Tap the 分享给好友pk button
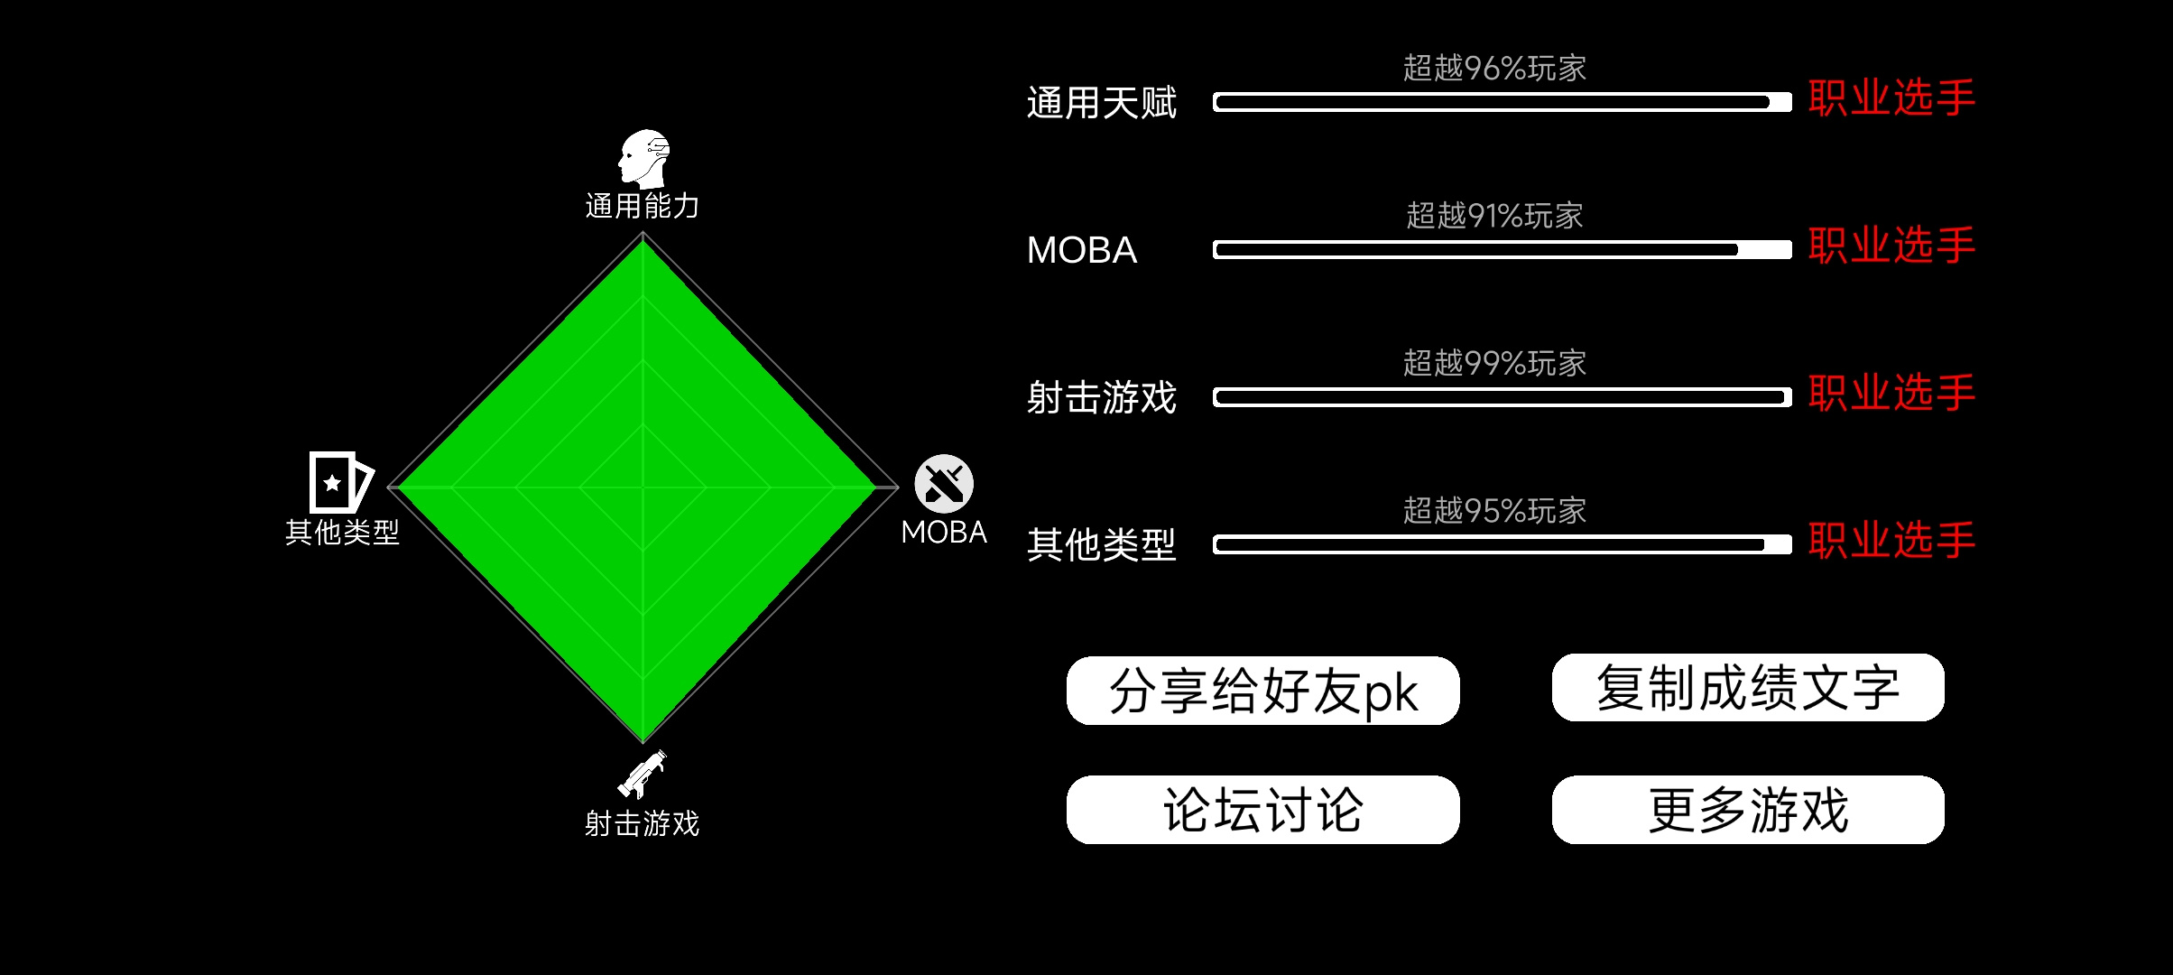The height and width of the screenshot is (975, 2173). [1262, 691]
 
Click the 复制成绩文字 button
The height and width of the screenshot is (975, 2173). [1748, 688]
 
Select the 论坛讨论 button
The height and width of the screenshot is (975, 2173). [1262, 810]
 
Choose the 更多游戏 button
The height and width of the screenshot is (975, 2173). [1748, 810]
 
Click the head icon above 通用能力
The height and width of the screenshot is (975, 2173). [644, 159]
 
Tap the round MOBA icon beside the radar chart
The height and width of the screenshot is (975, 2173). [944, 484]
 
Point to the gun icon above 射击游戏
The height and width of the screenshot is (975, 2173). [643, 774]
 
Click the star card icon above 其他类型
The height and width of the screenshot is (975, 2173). [341, 482]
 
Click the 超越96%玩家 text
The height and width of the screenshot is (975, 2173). [1494, 69]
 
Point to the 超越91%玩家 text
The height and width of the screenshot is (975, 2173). [1494, 216]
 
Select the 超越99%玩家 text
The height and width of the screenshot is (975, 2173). [1494, 363]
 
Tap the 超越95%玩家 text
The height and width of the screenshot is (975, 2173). [1494, 511]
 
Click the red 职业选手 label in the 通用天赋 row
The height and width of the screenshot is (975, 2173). [1891, 97]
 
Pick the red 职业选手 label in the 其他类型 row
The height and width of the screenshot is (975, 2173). [1891, 540]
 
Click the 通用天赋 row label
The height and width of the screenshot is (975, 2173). [1102, 103]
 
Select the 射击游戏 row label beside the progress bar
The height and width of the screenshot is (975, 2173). [1102, 397]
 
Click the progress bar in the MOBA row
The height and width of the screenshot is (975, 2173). [1503, 250]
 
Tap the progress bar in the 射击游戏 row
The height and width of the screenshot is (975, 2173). [1503, 397]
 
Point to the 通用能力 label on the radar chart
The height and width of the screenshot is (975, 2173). [643, 206]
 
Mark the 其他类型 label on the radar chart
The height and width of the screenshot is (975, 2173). [342, 532]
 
